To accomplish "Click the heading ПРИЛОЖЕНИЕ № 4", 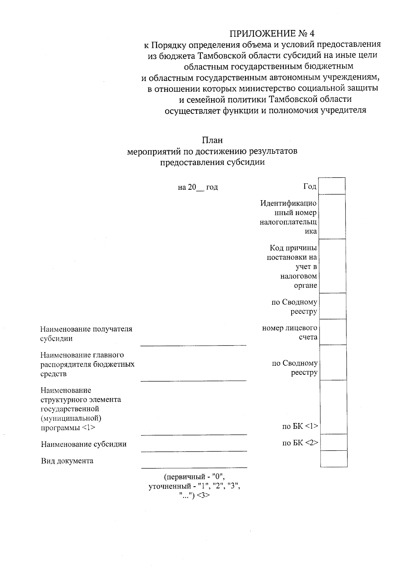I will [x=272, y=33].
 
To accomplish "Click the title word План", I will [x=212, y=140].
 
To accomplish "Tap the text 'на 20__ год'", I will [x=198, y=187].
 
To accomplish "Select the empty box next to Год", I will [x=332, y=186].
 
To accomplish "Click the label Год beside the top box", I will [x=310, y=186].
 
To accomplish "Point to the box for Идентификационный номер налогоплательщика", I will [x=332, y=217].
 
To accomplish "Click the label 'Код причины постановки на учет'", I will [x=292, y=267].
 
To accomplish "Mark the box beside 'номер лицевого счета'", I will [x=333, y=332].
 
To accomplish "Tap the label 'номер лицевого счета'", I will [x=290, y=332].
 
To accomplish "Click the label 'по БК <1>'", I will [x=300, y=426].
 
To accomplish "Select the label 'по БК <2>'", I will [x=300, y=443].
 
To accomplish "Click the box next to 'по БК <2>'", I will [x=333, y=442].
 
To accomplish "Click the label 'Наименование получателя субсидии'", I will [x=86, y=334].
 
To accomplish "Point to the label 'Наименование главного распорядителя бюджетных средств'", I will [x=87, y=364].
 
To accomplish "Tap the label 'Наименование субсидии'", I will [x=84, y=444].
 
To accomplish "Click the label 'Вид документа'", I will [x=67, y=461].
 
